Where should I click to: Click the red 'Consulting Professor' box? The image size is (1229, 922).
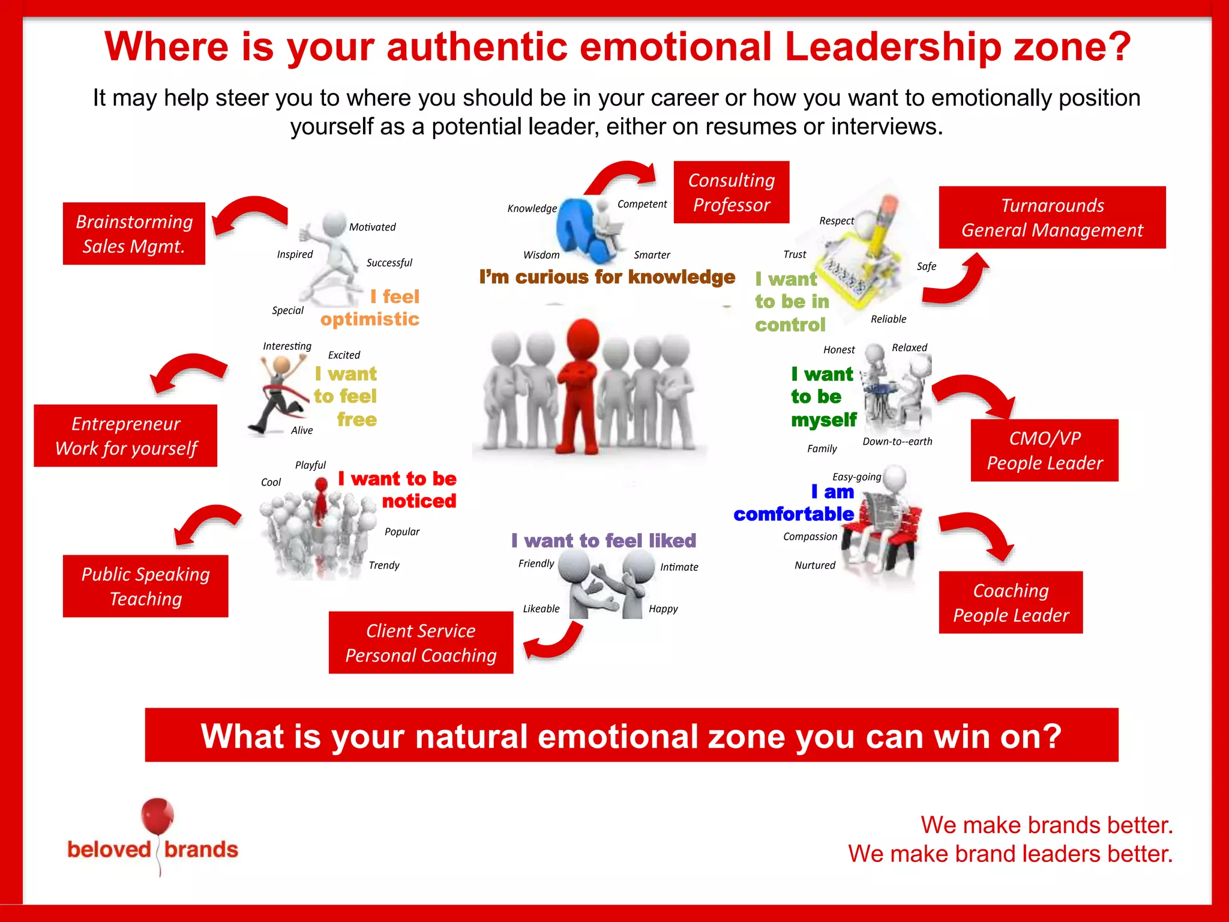(731, 192)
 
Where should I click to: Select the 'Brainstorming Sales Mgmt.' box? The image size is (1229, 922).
(134, 234)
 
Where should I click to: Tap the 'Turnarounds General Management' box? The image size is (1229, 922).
(1052, 217)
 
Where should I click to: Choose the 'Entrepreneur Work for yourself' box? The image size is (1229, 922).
(125, 436)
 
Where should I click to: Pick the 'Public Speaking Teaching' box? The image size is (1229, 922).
(145, 586)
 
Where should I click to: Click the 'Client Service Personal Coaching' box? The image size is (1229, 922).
(421, 642)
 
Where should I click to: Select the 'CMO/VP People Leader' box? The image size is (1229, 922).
(1044, 450)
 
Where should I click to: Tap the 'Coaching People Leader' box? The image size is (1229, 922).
(1011, 602)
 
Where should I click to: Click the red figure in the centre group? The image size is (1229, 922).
(578, 384)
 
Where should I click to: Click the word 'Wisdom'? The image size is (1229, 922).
(541, 255)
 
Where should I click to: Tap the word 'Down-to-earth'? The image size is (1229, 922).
(897, 442)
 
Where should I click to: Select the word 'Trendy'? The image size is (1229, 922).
(384, 565)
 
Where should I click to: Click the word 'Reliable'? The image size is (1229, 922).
(888, 319)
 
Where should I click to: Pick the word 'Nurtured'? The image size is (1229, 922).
(814, 565)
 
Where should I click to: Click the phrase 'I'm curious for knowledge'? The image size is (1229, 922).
(607, 277)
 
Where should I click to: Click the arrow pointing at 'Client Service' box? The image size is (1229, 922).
(555, 643)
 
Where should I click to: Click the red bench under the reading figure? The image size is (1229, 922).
(900, 528)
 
